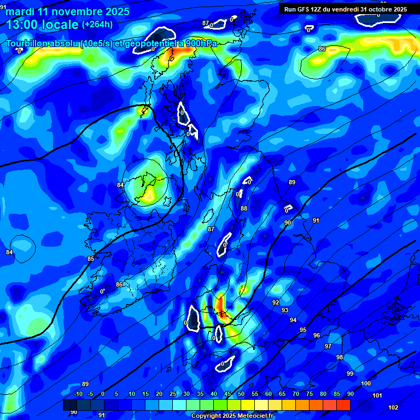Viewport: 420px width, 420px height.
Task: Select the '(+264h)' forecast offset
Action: click(97, 25)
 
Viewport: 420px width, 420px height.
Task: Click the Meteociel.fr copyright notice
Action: click(232, 416)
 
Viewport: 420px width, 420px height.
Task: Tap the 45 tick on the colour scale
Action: click(227, 394)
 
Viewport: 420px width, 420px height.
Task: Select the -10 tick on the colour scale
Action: click(78, 394)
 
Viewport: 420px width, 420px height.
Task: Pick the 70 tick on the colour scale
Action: click(295, 394)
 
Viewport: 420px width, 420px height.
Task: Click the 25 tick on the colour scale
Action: click(172, 394)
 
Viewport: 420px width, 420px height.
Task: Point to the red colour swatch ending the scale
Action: click(343, 405)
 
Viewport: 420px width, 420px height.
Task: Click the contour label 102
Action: click(393, 407)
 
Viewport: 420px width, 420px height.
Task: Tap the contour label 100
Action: click(366, 384)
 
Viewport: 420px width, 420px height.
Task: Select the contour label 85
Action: click(91, 259)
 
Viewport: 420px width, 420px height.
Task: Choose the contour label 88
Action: click(244, 208)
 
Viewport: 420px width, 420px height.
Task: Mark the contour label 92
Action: click(276, 302)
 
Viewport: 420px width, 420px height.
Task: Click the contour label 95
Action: click(303, 330)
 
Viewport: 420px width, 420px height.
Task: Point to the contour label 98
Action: click(339, 357)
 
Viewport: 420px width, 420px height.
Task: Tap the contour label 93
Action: click(285, 310)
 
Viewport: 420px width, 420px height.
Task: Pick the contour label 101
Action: click(377, 395)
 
